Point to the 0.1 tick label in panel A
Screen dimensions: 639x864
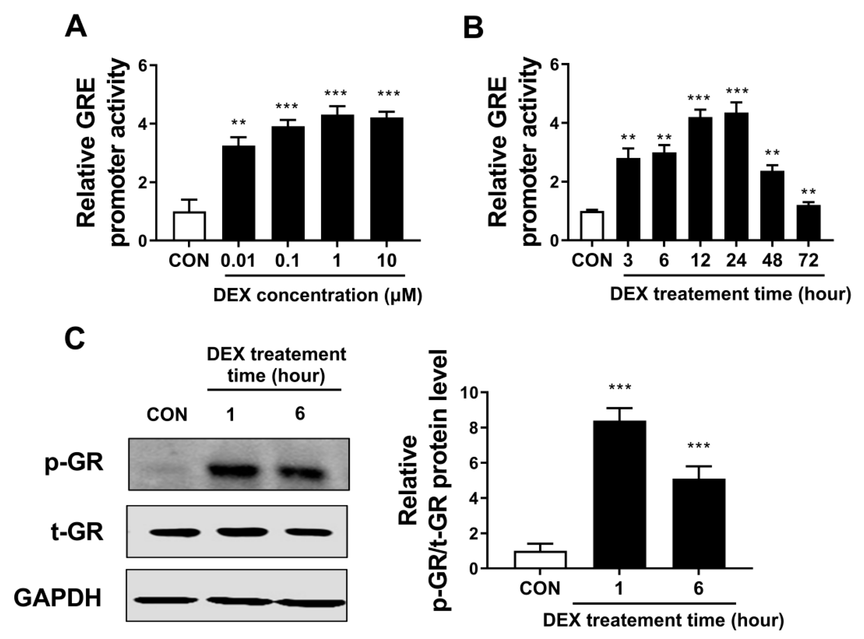tap(287, 260)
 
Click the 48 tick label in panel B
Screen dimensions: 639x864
tap(772, 260)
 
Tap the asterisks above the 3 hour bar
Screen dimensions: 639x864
tap(628, 138)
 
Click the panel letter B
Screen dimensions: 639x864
tap(473, 28)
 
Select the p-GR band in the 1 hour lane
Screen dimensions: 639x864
tap(232, 472)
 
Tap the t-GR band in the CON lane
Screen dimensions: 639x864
tap(175, 533)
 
